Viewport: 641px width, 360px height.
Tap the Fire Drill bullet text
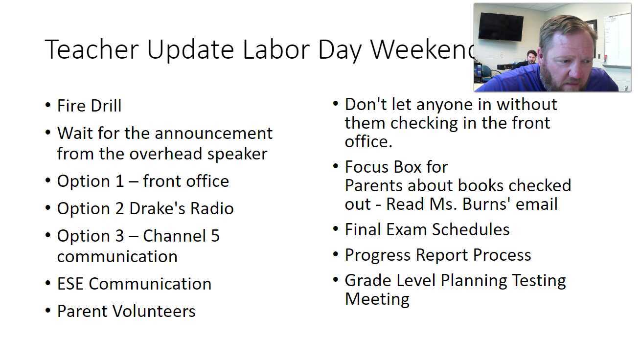pos(89,106)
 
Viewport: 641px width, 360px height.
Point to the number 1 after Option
pos(119,181)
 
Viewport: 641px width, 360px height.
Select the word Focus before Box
pos(368,167)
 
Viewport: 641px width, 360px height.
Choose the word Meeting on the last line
pos(377,299)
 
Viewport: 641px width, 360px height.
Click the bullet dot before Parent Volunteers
pos(47,311)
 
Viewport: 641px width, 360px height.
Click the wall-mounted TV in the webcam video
pos(501,26)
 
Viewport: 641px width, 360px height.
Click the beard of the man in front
pos(557,81)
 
